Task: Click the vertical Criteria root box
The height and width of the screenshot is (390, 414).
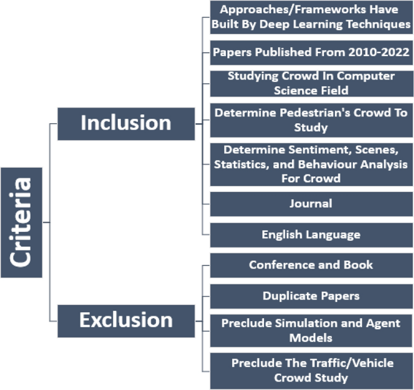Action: tap(21, 222)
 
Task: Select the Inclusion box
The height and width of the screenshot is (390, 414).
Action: tap(126, 123)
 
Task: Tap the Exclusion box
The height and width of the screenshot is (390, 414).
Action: tap(126, 320)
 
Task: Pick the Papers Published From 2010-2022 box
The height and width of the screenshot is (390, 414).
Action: tap(311, 53)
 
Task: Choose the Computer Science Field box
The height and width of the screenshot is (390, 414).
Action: tap(311, 83)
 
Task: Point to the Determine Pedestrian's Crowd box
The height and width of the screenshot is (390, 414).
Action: tap(311, 120)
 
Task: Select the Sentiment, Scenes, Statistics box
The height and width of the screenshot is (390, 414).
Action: tap(311, 164)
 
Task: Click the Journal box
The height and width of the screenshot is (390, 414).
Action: tap(311, 203)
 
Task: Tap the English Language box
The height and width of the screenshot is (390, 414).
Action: tap(311, 235)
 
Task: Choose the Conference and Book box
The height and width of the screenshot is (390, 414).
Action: tap(311, 265)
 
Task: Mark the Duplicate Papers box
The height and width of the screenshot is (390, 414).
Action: tap(311, 296)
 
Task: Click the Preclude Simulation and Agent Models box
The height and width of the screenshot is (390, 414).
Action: tap(311, 330)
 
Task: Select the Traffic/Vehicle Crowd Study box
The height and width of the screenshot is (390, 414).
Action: tap(311, 370)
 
